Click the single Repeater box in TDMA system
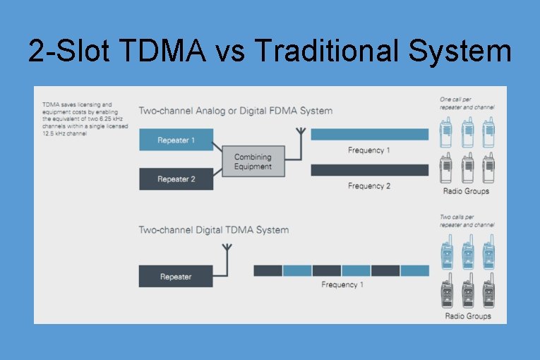pos(175,276)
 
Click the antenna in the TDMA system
pos(227,252)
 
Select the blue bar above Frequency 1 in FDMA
pos(369,134)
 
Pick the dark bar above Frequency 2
pos(369,170)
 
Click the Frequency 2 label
pos(368,186)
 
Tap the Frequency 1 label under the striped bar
pos(342,285)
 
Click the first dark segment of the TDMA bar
pos(268,270)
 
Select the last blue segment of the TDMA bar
pos(414,270)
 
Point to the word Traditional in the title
pos(330,52)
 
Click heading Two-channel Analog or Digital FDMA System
pos(235,111)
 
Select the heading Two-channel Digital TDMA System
pos(213,230)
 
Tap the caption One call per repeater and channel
pos(467,103)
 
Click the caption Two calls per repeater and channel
pos(467,222)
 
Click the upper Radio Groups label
pos(466,191)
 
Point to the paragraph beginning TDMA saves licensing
pos(77,119)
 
